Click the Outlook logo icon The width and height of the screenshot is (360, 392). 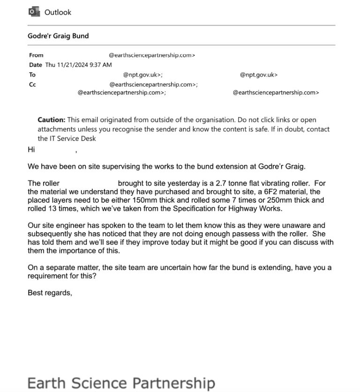[34, 12]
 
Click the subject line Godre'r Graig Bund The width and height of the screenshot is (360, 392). [58, 36]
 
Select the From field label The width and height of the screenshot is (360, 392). [36, 55]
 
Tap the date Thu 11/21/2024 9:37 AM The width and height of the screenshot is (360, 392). [78, 65]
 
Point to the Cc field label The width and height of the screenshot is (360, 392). [32, 85]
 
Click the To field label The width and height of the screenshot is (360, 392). [32, 74]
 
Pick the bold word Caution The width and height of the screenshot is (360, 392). [52, 119]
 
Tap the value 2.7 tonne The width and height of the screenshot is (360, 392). [231, 183]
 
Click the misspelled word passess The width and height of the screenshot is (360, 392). [232, 234]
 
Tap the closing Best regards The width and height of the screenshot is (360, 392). [50, 293]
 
